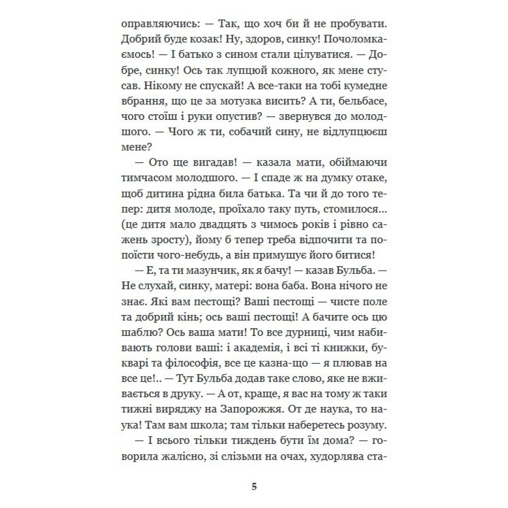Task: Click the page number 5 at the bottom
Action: coord(254,486)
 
